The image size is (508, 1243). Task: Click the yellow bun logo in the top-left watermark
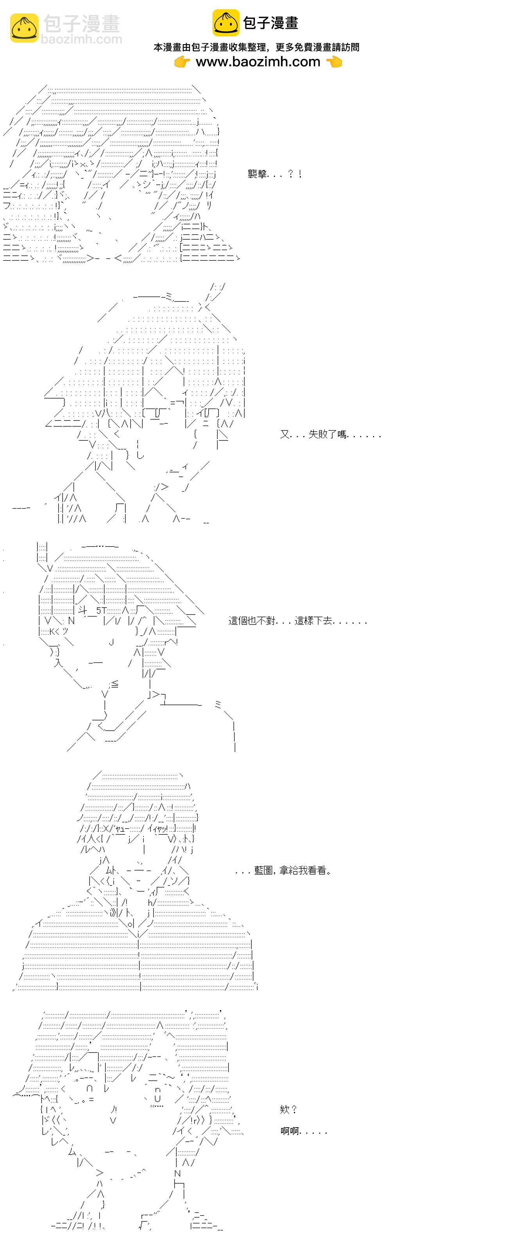[24, 28]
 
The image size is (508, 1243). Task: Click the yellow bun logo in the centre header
[226, 23]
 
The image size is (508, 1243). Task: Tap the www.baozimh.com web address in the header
[258, 62]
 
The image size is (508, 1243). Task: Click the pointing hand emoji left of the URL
[182, 62]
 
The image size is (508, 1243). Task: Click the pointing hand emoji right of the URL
[334, 62]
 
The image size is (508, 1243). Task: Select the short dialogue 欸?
[288, 1109]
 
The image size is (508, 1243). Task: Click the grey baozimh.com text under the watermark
[82, 39]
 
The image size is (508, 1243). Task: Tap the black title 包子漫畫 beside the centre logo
[271, 23]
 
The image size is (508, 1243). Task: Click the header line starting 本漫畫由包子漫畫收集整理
[257, 47]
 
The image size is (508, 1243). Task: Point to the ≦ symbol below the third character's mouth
[114, 684]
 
